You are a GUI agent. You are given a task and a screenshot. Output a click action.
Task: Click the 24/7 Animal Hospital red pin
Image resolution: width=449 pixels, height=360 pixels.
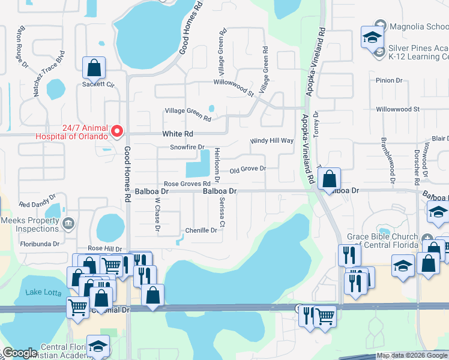tap(118, 130)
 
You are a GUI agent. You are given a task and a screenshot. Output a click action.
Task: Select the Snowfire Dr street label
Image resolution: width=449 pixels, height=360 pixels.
tap(187, 147)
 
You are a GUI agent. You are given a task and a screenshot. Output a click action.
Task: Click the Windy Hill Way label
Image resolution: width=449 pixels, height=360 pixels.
tap(272, 141)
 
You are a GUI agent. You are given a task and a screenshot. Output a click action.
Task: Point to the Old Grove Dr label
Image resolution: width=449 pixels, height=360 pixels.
tap(247, 169)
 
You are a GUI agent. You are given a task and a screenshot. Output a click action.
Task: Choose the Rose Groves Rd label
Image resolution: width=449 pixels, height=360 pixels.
tap(187, 184)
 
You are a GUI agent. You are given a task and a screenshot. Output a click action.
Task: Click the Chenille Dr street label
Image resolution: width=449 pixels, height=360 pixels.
tap(201, 230)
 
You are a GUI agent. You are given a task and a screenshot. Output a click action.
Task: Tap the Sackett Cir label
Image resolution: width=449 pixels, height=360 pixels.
tap(98, 85)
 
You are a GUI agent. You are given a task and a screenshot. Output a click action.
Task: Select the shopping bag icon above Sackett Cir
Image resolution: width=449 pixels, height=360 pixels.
tap(94, 68)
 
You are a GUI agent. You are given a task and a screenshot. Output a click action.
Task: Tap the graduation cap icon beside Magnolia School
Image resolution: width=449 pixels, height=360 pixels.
tap(372, 37)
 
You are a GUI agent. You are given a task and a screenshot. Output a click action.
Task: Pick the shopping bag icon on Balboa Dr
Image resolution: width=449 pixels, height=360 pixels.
tap(329, 178)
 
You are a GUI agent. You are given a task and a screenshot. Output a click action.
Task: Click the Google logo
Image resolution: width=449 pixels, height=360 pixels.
tap(20, 353)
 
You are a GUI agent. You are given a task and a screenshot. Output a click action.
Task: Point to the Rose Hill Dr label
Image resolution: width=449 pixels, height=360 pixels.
tap(105, 248)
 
